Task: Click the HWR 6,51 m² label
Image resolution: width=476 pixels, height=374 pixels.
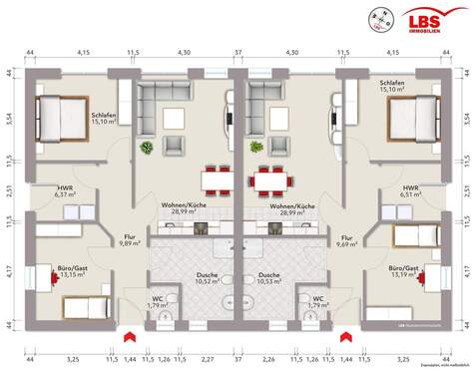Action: coord(410,191)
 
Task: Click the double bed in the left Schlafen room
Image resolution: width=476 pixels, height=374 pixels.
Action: coord(60,119)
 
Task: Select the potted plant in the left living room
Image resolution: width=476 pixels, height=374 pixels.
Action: coord(148,148)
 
